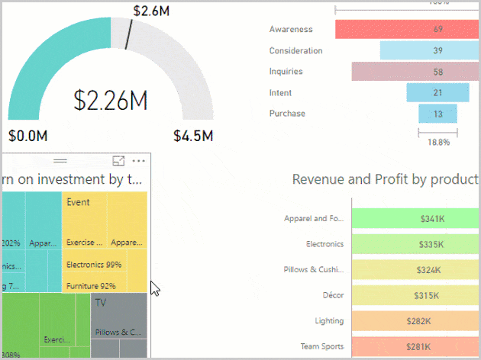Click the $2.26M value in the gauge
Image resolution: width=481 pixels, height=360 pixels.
tap(110, 101)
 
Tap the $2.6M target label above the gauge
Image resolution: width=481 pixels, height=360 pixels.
tap(151, 11)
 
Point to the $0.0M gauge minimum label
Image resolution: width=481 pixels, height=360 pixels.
tap(28, 137)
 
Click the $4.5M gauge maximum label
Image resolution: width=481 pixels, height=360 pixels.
tap(192, 137)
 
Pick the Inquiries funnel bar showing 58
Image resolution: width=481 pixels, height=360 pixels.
tap(415, 72)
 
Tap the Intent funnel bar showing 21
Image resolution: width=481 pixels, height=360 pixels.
tap(437, 92)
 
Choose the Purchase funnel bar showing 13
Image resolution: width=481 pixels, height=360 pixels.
tap(437, 114)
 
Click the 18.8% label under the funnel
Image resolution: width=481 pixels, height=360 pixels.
tap(437, 142)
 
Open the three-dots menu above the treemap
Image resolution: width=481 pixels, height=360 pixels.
tap(138, 161)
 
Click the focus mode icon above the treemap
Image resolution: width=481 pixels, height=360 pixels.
tap(118, 161)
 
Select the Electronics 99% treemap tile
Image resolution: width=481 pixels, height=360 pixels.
tap(94, 265)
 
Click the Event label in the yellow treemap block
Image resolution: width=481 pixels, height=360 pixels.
tap(79, 202)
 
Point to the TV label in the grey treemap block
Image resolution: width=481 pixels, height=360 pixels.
tap(101, 303)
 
